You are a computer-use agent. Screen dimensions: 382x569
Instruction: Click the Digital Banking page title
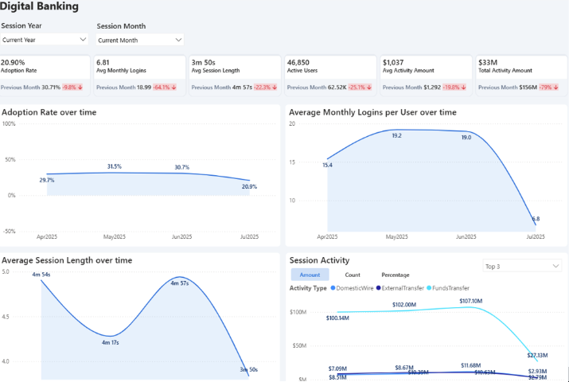click(x=40, y=7)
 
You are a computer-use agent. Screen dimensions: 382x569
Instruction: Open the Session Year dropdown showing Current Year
click(x=45, y=39)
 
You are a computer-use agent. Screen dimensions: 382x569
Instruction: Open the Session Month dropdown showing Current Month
click(x=140, y=39)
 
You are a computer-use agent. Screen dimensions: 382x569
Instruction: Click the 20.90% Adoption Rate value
click(x=14, y=62)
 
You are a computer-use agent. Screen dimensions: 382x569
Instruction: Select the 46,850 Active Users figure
click(x=298, y=62)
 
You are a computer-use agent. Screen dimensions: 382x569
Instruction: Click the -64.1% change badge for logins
click(x=166, y=88)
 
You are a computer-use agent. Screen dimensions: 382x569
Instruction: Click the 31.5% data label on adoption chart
click(x=115, y=166)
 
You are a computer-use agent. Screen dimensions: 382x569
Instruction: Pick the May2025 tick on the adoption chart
click(x=115, y=237)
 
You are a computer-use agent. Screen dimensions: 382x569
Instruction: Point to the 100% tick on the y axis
click(x=10, y=124)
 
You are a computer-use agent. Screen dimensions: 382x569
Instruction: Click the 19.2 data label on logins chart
click(x=396, y=135)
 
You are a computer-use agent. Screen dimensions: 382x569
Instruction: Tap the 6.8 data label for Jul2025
click(x=536, y=218)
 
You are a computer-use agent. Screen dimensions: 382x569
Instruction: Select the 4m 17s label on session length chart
click(x=110, y=343)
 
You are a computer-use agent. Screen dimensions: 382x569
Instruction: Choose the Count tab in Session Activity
click(x=353, y=275)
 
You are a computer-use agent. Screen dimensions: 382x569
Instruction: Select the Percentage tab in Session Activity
click(x=396, y=275)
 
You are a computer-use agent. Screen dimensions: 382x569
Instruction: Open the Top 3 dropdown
click(x=522, y=266)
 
